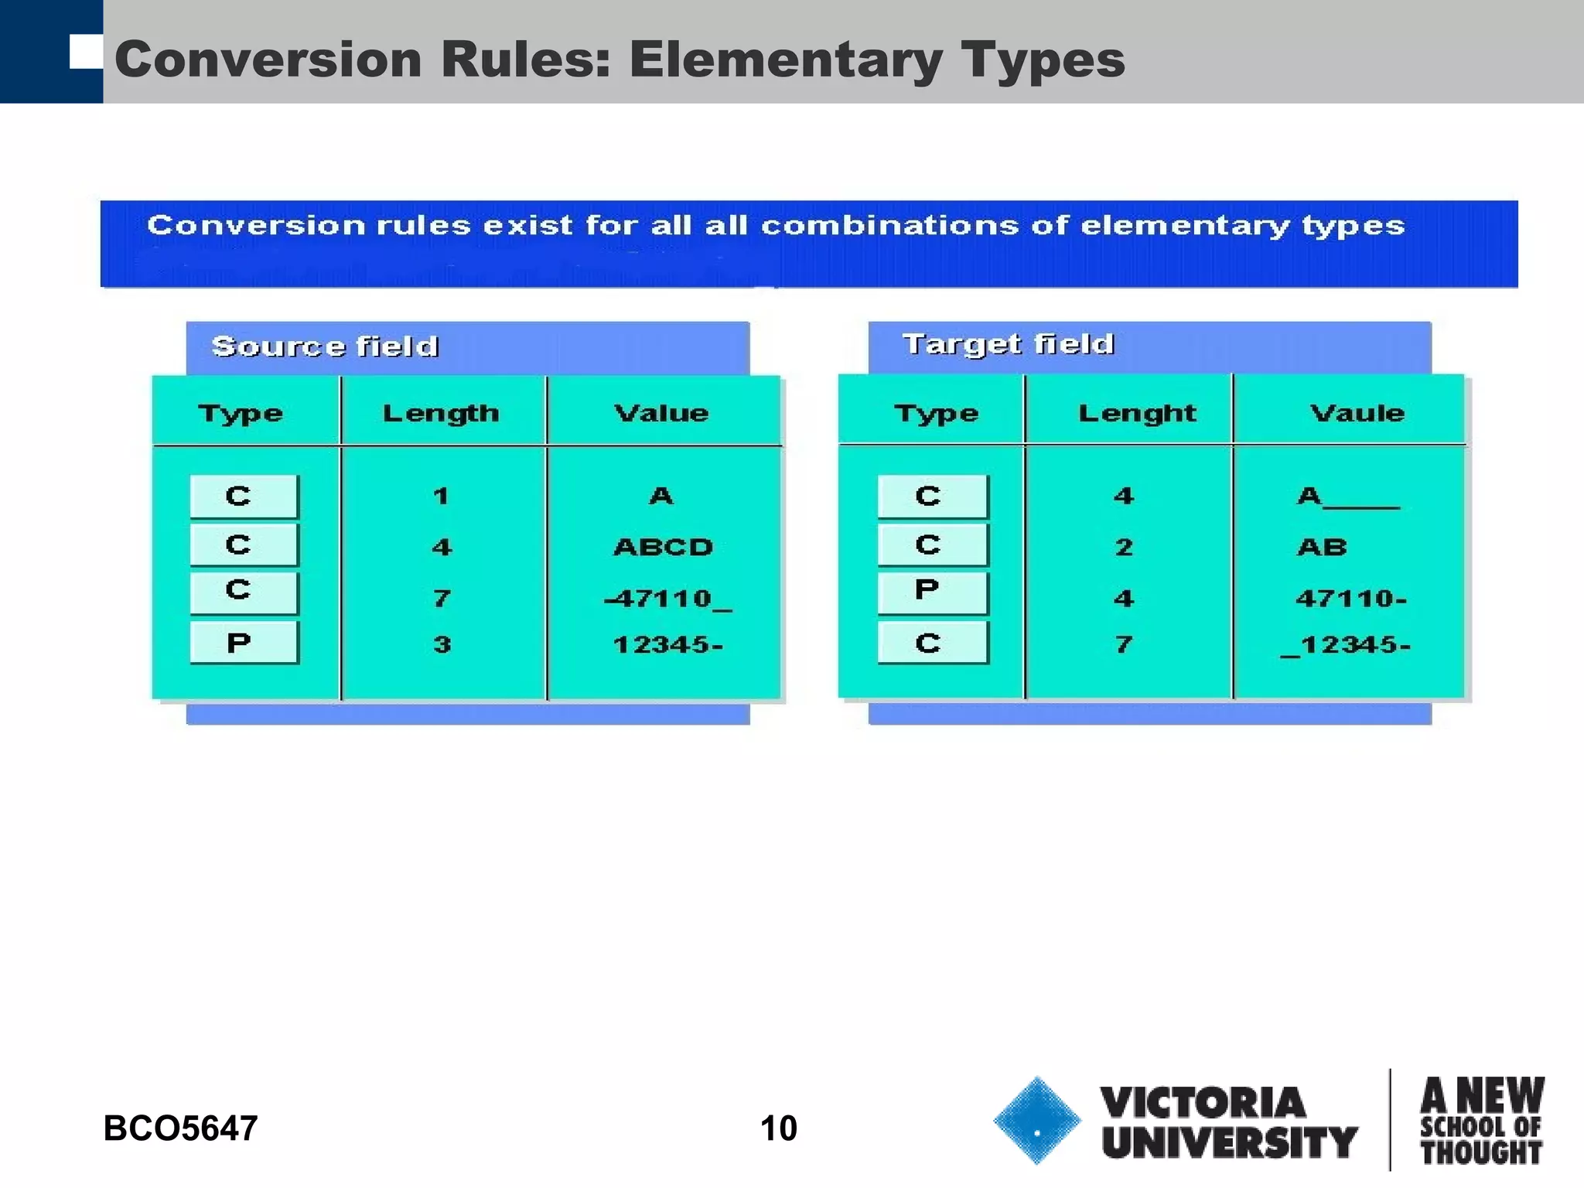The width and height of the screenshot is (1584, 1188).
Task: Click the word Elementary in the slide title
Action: click(x=785, y=60)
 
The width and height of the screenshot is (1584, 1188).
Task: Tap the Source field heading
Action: click(x=325, y=346)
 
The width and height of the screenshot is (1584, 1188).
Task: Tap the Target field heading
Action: click(x=1008, y=343)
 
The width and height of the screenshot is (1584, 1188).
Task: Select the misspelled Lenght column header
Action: click(x=1136, y=413)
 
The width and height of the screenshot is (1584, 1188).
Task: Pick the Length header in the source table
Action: click(x=441, y=413)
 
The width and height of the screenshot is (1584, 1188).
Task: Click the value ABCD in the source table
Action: click(x=663, y=547)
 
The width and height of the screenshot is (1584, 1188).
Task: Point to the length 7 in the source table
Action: click(x=442, y=598)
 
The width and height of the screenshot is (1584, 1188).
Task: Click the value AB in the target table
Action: click(x=1322, y=547)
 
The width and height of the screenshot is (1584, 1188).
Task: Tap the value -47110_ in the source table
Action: click(x=667, y=598)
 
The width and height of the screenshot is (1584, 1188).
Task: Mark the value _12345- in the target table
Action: click(x=1346, y=644)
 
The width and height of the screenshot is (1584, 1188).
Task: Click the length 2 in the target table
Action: click(x=1124, y=547)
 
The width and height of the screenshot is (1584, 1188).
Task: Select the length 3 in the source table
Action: click(x=442, y=644)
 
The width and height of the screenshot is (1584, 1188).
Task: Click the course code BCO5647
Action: click(x=180, y=1128)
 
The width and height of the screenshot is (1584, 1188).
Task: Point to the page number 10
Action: click(x=778, y=1128)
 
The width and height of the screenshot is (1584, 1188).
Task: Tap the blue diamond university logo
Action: click(x=1036, y=1120)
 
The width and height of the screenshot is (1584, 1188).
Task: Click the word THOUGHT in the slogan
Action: click(x=1480, y=1152)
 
